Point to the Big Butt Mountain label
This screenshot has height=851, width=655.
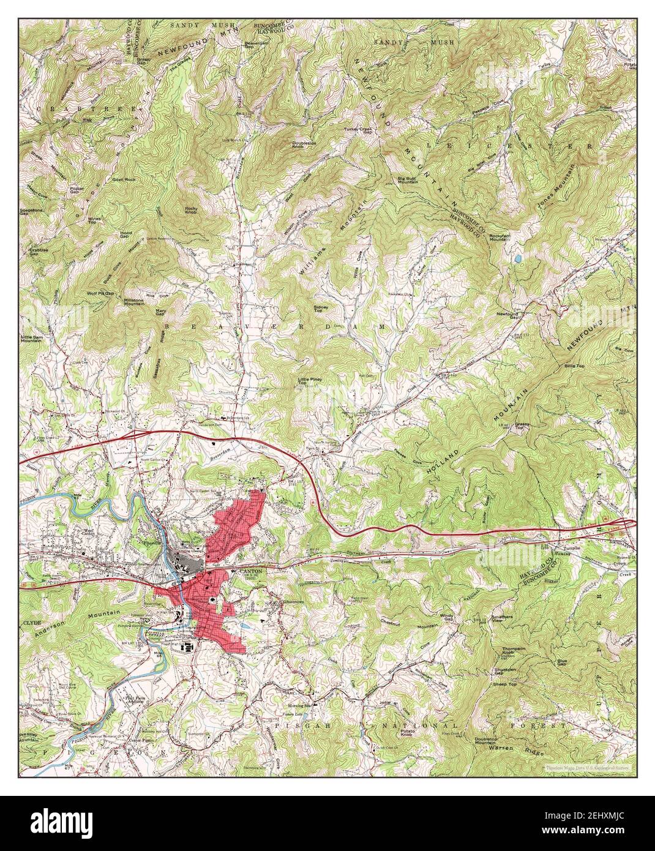408,180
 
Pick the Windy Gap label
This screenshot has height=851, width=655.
449,616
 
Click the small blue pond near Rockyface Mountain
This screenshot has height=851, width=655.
518,260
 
